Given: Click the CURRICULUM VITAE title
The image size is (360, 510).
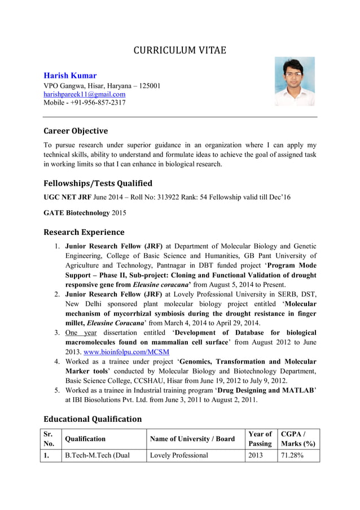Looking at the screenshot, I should click(x=179, y=50).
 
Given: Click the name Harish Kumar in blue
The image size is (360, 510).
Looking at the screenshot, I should click(x=70, y=75).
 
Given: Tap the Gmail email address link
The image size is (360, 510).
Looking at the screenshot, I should click(x=85, y=94).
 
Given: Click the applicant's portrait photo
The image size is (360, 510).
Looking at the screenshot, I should click(x=295, y=81).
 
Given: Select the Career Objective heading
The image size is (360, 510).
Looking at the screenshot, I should click(x=76, y=131).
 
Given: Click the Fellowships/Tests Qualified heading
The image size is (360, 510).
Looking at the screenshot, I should click(x=98, y=183).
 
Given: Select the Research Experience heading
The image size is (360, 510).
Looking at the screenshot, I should click(x=84, y=232).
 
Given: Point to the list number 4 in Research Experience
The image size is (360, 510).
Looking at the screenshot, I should click(x=57, y=361).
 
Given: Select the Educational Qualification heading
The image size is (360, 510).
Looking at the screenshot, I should click(x=93, y=419).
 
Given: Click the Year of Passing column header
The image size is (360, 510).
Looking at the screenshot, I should click(x=260, y=439).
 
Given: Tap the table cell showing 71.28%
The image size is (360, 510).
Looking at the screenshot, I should click(x=292, y=455).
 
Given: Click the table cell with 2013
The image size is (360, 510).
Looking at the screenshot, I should click(x=256, y=455).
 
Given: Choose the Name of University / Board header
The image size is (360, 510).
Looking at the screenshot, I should click(x=192, y=439).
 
